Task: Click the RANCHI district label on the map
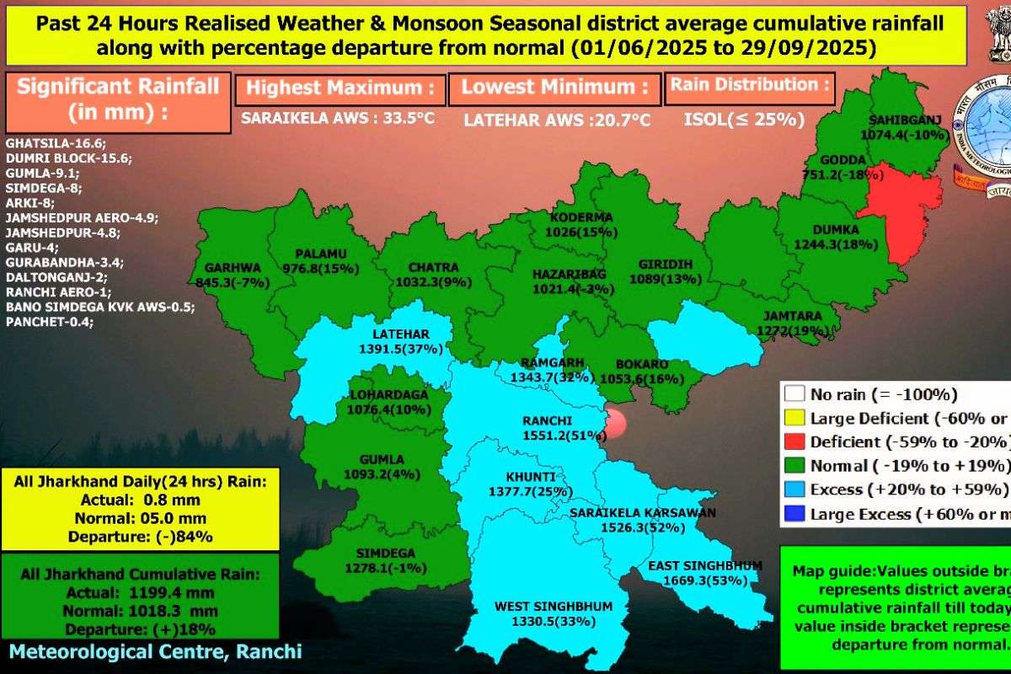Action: pos(547,421)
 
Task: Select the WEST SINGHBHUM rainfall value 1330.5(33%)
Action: pos(554,622)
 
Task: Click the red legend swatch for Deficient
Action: pos(793,441)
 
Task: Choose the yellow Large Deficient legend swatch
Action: pos(793,418)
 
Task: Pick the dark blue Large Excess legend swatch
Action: pos(793,514)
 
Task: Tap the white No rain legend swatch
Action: pos(793,393)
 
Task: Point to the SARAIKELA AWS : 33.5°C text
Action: pos(337,119)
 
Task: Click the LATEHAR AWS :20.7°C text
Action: pos(557,120)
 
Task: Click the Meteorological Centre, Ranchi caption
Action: pos(155,651)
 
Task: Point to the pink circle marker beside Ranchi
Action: pos(619,423)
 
